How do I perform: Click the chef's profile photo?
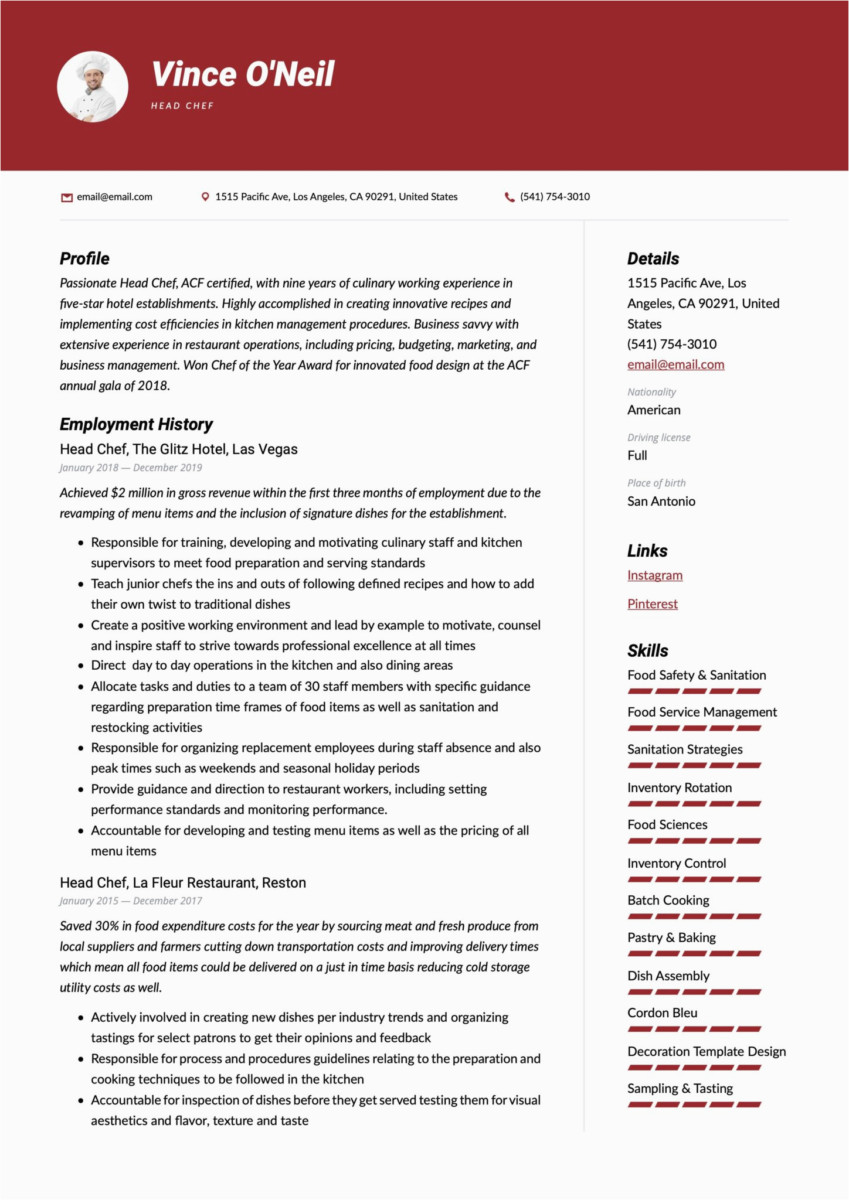point(93,87)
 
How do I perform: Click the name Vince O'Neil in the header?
point(243,74)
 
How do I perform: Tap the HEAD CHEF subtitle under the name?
point(182,106)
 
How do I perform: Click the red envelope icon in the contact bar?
point(67,197)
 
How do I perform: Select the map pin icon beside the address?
point(205,197)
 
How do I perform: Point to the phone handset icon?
point(510,197)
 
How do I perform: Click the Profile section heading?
point(84,258)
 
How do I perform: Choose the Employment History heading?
point(136,424)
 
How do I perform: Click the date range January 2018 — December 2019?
point(131,468)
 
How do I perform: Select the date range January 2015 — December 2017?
point(131,901)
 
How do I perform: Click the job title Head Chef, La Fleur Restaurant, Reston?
point(183,882)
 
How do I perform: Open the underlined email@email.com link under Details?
point(675,364)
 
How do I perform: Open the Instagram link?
point(654,575)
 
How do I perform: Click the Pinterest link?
point(652,604)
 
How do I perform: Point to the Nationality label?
point(651,392)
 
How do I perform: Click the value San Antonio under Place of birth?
point(661,501)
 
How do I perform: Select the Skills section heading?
point(647,650)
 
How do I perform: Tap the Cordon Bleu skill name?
point(662,1012)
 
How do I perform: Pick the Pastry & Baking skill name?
point(671,937)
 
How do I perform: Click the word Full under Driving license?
point(637,455)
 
